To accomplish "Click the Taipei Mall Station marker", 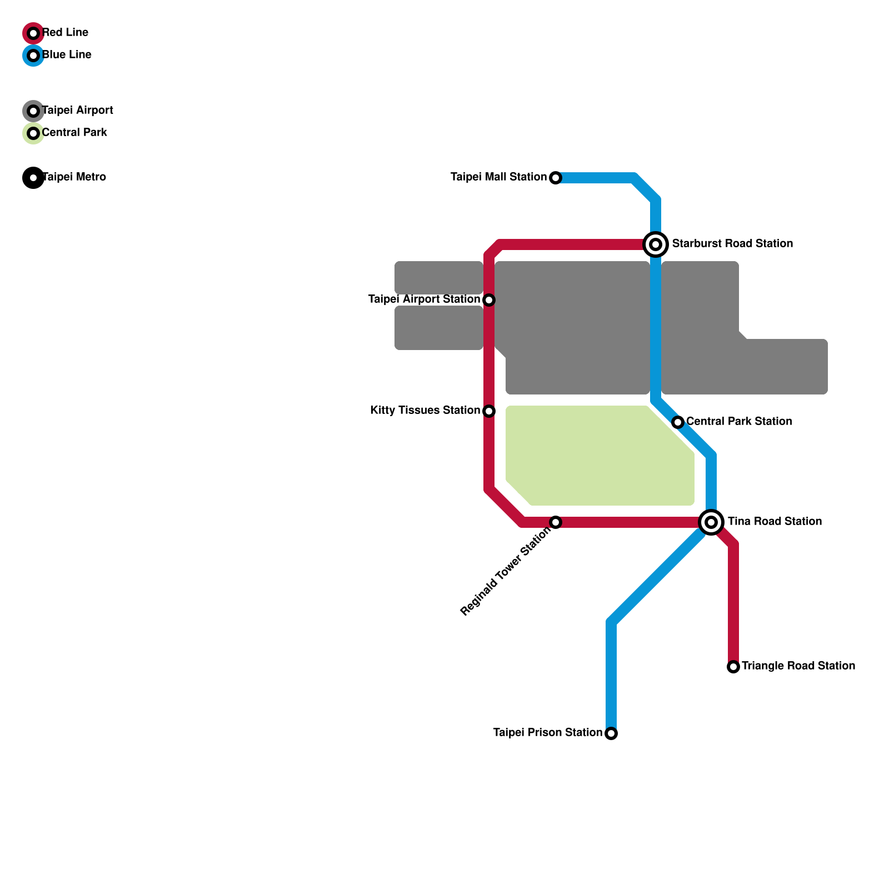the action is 556,178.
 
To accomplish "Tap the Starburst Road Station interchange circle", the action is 656,244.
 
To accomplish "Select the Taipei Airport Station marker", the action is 489,300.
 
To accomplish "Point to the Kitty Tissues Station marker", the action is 489,411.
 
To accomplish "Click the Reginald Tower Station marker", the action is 556,522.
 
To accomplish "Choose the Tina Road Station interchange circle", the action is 711,522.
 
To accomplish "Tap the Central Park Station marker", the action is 678,422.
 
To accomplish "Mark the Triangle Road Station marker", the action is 733,667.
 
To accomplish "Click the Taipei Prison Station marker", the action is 611,733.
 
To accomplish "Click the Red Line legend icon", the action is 33,33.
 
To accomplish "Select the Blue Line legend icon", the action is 33,56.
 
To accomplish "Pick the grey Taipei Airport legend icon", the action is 33,111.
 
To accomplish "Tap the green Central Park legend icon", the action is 33,133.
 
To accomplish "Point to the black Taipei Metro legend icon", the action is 33,178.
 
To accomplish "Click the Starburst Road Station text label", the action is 732,244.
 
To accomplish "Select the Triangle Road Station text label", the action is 798,666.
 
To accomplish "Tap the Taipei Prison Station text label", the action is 547,733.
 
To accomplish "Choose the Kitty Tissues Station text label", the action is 425,411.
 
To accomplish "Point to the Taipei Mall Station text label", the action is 498,177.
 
